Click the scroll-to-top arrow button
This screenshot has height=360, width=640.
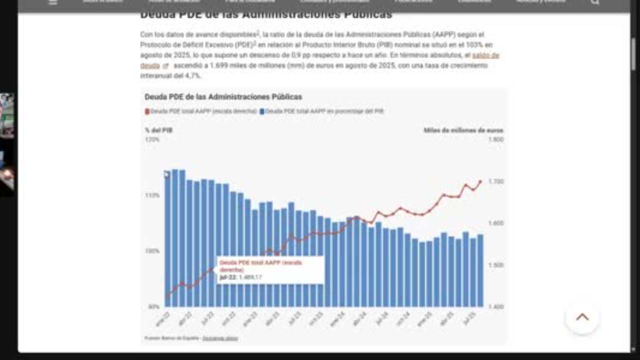(x=582, y=317)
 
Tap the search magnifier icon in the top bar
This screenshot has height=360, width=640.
(x=594, y=2)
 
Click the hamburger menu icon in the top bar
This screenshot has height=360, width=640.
(x=53, y=2)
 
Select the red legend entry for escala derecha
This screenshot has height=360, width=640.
(x=201, y=111)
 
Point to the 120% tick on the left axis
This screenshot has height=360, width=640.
(x=152, y=139)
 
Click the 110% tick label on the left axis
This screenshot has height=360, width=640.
(x=152, y=195)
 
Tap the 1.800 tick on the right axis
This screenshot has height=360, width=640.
(x=495, y=139)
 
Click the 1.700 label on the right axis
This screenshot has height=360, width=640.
(x=495, y=181)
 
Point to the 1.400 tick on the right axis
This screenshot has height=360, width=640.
(x=495, y=306)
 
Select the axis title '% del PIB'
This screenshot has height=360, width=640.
(x=159, y=130)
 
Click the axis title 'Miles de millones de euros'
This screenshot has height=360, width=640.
(x=463, y=130)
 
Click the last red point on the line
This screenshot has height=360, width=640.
(x=480, y=181)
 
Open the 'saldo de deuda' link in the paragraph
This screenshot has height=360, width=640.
(x=485, y=55)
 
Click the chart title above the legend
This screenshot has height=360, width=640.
(x=223, y=97)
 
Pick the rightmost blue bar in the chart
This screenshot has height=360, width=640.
(x=480, y=270)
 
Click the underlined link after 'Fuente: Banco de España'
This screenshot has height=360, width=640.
(x=220, y=338)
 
